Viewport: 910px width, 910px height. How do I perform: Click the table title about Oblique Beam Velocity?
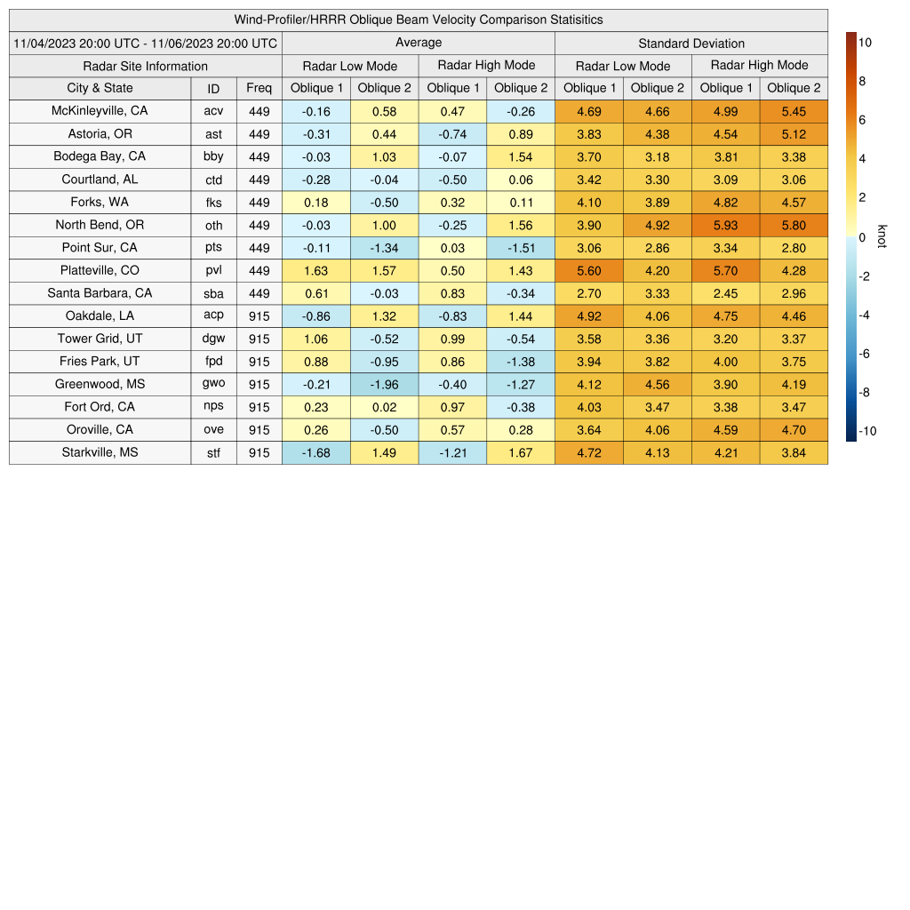[419, 20]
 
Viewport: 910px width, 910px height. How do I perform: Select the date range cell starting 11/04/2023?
[146, 43]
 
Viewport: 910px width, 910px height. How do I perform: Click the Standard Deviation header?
[691, 43]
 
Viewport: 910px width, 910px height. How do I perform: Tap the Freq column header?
[259, 88]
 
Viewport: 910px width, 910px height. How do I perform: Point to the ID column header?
[213, 88]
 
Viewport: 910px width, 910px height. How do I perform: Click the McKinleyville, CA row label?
[100, 111]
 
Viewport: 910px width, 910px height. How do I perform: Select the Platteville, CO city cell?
[100, 270]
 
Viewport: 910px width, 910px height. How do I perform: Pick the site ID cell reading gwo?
[213, 384]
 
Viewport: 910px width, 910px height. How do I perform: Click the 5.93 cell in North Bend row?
[725, 225]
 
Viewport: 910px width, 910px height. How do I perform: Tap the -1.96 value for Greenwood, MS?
[384, 384]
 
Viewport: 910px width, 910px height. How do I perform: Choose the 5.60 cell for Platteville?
[588, 270]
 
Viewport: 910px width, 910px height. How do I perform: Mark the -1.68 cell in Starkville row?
[315, 452]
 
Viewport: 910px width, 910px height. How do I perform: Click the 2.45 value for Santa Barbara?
[725, 293]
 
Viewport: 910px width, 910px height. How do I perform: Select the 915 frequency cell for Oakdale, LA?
[259, 315]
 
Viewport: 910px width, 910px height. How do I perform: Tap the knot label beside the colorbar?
[882, 236]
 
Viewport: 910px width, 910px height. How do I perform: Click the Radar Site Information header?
[146, 66]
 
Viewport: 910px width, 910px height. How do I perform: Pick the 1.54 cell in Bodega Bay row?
[520, 156]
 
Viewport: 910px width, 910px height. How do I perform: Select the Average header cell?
[419, 43]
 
